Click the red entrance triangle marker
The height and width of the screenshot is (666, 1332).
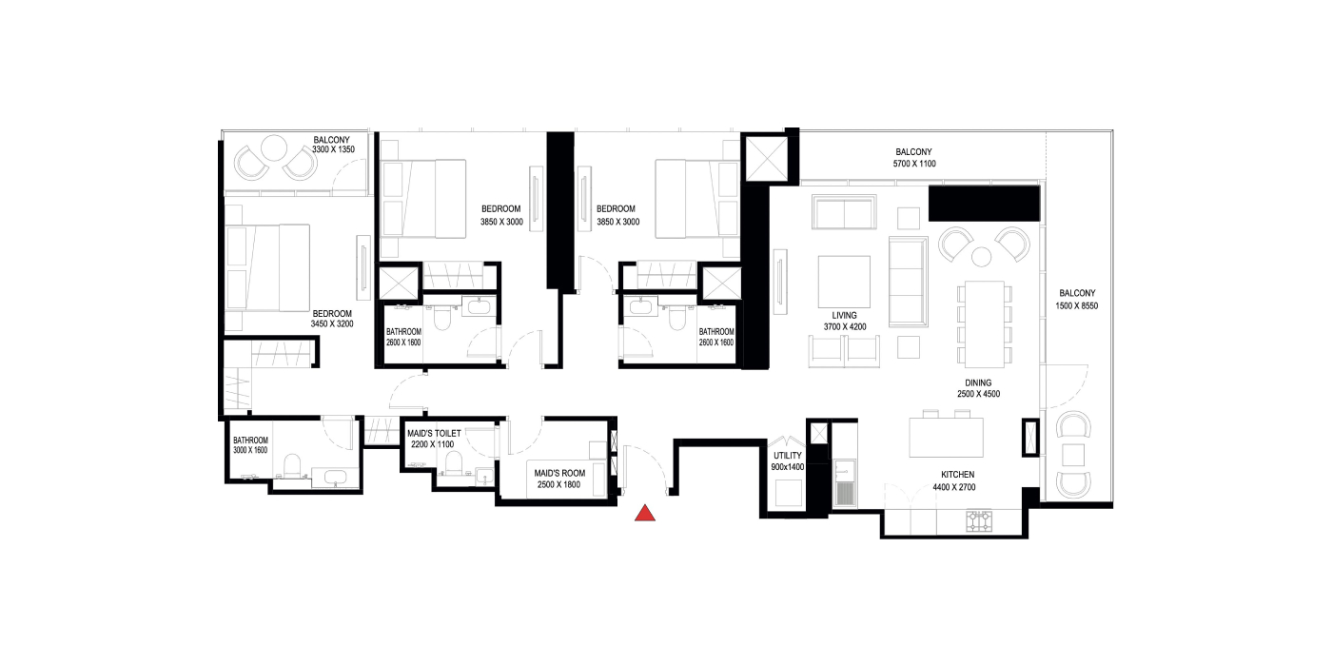645,513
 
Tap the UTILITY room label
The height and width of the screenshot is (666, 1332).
788,456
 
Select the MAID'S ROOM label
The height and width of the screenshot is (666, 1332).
559,474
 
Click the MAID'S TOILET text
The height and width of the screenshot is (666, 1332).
434,434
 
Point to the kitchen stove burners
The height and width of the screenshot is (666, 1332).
979,521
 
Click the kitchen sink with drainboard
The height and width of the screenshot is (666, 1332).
845,482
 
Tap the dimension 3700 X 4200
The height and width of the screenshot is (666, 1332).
845,326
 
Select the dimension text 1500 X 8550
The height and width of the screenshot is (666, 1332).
1077,305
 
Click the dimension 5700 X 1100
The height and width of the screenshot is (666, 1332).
914,164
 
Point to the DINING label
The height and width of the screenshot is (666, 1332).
978,382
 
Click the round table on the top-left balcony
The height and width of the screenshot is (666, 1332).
274,147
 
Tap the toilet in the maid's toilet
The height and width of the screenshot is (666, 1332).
454,463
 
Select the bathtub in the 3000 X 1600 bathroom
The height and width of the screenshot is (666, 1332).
335,478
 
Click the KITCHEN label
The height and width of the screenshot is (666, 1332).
957,475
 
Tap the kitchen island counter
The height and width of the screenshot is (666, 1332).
946,437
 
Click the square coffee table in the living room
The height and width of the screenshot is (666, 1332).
844,282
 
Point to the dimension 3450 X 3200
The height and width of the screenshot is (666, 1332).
332,324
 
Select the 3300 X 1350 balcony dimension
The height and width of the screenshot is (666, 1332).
334,149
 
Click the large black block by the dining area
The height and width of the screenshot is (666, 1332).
984,204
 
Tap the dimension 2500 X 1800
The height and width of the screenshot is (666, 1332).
559,484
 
